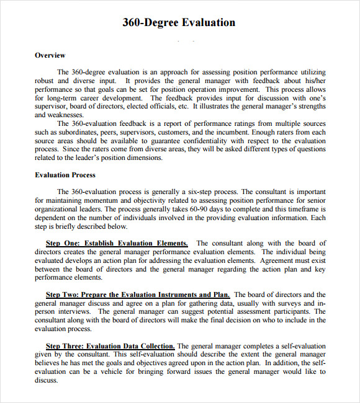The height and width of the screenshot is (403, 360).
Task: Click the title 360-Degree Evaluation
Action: click(x=179, y=23)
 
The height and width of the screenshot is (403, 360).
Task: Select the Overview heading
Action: click(x=50, y=55)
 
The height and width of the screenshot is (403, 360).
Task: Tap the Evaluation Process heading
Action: click(x=65, y=175)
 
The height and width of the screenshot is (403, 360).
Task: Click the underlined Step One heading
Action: click(x=117, y=243)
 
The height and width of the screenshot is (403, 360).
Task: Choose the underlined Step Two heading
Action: click(x=138, y=294)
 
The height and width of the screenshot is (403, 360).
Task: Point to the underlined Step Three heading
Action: click(x=110, y=345)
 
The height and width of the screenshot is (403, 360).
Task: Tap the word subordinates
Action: click(x=76, y=132)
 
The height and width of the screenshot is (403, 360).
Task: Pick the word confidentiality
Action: click(x=211, y=141)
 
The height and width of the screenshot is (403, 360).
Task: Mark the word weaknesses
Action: click(x=59, y=115)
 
